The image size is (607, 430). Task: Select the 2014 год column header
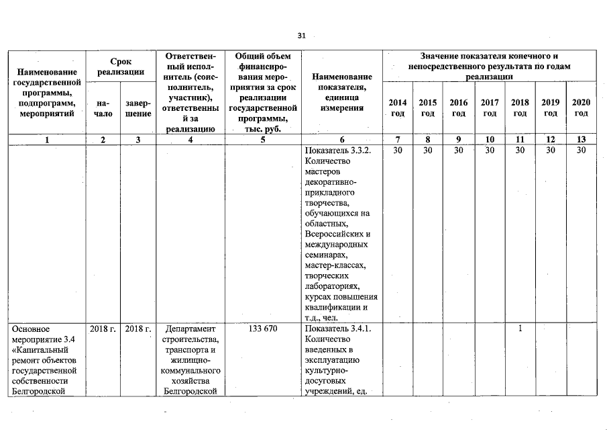(397, 107)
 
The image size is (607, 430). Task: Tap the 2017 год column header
(490, 107)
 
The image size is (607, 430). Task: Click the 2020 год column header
(581, 107)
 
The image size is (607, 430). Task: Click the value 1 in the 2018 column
(520, 329)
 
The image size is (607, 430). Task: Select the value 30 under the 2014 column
(397, 150)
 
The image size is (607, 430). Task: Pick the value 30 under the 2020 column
(581, 150)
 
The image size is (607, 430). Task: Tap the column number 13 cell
(581, 140)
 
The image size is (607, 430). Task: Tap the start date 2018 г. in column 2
(103, 329)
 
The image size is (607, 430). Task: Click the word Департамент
(191, 329)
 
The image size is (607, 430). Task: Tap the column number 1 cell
(47, 140)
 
